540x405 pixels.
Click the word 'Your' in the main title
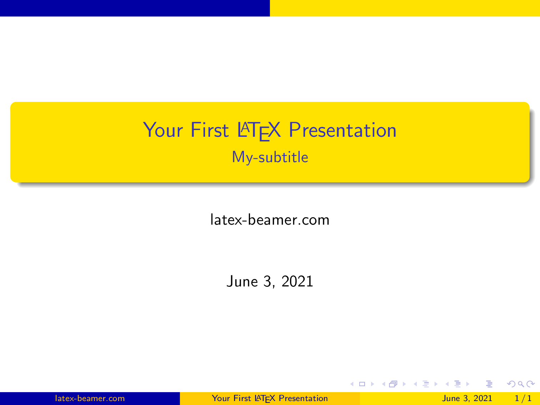point(163,130)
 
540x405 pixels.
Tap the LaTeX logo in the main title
point(259,131)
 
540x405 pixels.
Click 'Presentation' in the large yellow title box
point(342,130)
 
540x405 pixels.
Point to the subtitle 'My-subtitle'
point(270,157)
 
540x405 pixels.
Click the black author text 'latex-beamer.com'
point(270,220)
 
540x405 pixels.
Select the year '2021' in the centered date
point(297,281)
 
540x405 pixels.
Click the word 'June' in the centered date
point(242,281)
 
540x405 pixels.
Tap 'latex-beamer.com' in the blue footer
point(90,399)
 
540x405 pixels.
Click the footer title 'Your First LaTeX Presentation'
point(270,399)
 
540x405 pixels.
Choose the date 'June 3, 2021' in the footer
point(467,399)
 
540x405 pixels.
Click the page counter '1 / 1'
point(523,399)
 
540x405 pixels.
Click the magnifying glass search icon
point(521,384)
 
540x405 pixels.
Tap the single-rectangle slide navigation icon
point(362,384)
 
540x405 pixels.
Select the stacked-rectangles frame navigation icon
point(393,384)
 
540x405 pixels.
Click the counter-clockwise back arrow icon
point(511,384)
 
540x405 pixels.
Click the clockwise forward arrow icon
point(531,384)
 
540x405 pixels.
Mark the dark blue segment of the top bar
point(135,8)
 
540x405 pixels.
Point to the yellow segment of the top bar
point(405,8)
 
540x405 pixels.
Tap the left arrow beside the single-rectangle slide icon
point(352,384)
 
